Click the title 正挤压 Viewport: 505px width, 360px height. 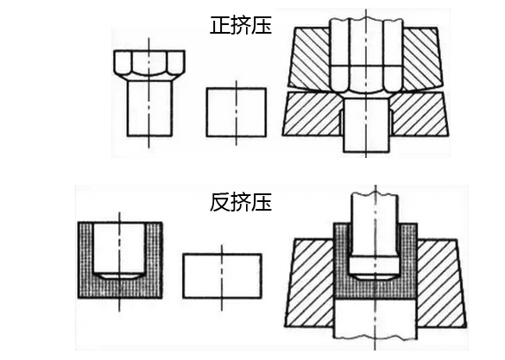coord(241,25)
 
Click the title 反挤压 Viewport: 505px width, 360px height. coord(241,202)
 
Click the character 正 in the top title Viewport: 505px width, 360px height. coord(220,25)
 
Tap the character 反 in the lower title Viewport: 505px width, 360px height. coord(220,202)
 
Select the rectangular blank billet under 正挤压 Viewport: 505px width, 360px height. coord(236,111)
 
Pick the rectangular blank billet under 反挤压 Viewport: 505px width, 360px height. coord(222,276)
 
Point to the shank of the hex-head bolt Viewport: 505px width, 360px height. coord(149,108)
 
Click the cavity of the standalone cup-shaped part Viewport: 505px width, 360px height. coord(119,249)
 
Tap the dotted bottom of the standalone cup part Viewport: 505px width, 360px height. coord(120,288)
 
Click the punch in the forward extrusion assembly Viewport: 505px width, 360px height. coord(366,54)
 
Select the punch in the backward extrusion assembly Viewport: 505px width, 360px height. coord(375,235)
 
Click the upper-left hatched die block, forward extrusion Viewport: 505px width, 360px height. coord(311,56)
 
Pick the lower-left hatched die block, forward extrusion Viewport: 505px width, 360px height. coord(311,114)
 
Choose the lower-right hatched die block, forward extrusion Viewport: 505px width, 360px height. coord(419,114)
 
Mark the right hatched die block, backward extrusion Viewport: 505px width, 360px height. coord(441,283)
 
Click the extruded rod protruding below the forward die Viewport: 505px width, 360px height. coord(366,125)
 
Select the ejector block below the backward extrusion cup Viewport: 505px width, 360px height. coord(376,319)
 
